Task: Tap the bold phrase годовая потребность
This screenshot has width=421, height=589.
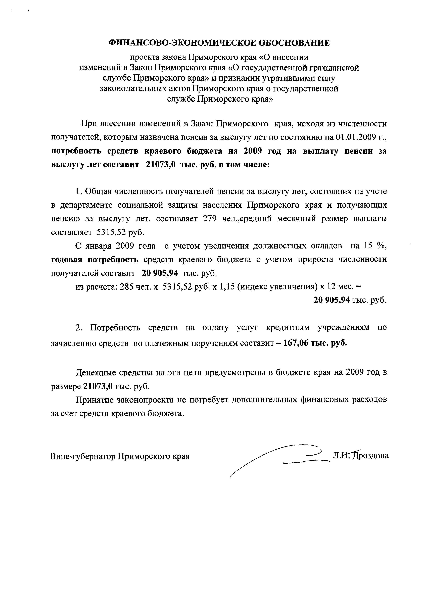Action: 95,259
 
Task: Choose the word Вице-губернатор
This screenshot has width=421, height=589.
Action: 83,456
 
